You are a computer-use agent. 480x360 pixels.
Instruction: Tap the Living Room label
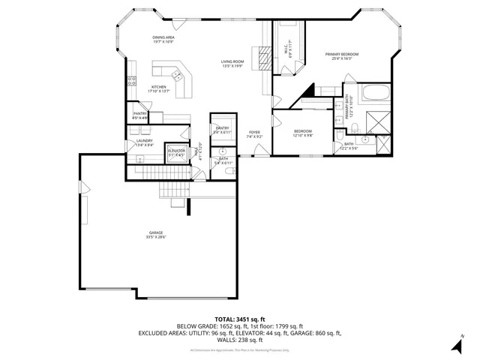(232, 63)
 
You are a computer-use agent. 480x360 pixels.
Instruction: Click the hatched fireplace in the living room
(262, 58)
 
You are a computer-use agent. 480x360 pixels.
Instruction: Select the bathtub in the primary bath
(375, 94)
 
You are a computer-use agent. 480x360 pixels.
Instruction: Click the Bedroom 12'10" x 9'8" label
(303, 133)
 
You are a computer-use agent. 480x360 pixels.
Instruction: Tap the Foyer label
(255, 134)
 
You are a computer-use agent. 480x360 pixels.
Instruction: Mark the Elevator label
(176, 151)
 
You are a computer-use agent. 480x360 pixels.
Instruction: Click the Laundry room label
(145, 142)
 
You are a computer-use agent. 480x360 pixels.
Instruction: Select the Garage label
(155, 235)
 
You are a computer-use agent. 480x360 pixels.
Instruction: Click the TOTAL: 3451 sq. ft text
(240, 319)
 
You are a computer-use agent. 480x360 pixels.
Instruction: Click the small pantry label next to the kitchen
(139, 116)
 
